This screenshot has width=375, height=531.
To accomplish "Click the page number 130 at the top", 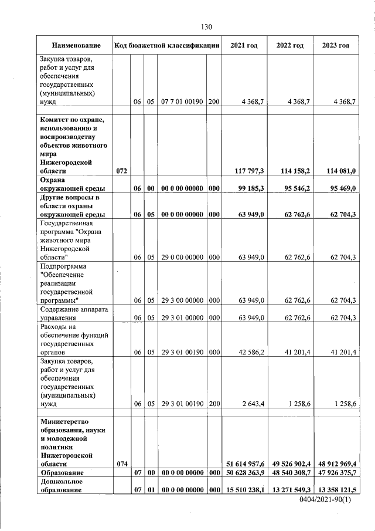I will point(206,27).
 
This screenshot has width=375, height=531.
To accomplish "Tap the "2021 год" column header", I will point(245,45).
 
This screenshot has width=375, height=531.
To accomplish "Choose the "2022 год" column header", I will point(290,45).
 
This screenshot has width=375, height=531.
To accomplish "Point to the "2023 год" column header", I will point(335,45).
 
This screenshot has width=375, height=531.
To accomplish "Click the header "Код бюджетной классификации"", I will point(167,45).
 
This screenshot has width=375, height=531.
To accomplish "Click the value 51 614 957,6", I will point(245,464).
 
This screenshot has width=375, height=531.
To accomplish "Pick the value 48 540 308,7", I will point(290,473).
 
